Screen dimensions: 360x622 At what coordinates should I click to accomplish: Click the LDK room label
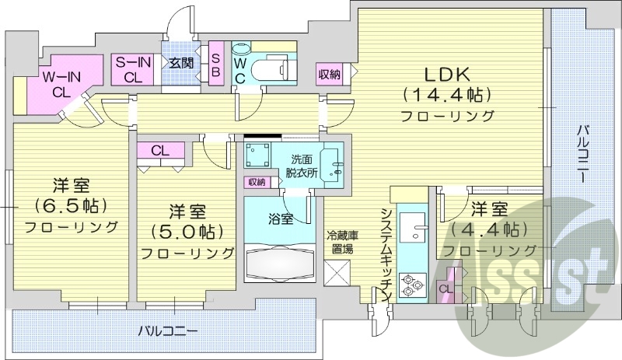coord(446,75)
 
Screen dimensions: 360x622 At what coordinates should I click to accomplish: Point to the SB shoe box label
coord(216,68)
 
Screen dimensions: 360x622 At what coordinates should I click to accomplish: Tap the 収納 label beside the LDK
coord(329,75)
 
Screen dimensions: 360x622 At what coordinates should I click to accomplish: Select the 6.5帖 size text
coord(70,207)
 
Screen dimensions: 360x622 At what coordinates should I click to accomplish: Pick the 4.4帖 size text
coord(489,229)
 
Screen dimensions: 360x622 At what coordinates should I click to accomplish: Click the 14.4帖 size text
coord(447,96)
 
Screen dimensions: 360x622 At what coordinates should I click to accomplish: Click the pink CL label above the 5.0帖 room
coord(161,150)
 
